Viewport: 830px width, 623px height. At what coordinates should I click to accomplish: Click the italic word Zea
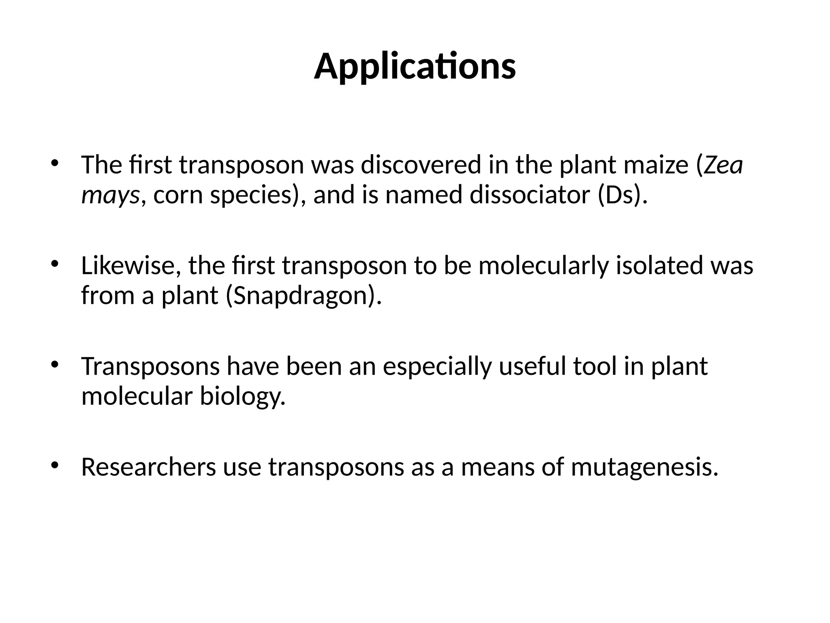point(723,165)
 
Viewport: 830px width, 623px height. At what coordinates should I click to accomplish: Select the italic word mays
point(110,195)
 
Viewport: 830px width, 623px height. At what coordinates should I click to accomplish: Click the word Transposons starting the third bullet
point(150,366)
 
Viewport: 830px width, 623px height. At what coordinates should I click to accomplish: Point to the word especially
point(437,367)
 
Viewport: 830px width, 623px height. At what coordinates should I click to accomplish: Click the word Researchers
point(149,467)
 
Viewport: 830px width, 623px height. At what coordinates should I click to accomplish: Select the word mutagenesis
point(645,468)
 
